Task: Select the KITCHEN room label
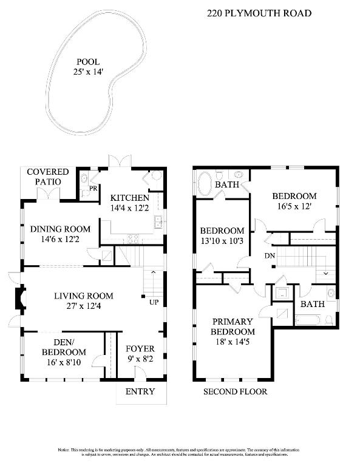pyautogui.click(x=129, y=198)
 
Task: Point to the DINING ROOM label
pyautogui.click(x=60, y=229)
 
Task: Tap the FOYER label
pyautogui.click(x=140, y=349)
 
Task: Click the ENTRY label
pyautogui.click(x=140, y=391)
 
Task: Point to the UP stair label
pyautogui.click(x=154, y=302)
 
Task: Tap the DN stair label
pyautogui.click(x=270, y=256)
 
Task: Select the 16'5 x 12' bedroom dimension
pyautogui.click(x=294, y=206)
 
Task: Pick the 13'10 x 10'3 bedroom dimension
pyautogui.click(x=222, y=241)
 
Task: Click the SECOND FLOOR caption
pyautogui.click(x=235, y=391)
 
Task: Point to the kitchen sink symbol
pyautogui.click(x=157, y=222)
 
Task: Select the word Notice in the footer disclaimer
pyautogui.click(x=65, y=450)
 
